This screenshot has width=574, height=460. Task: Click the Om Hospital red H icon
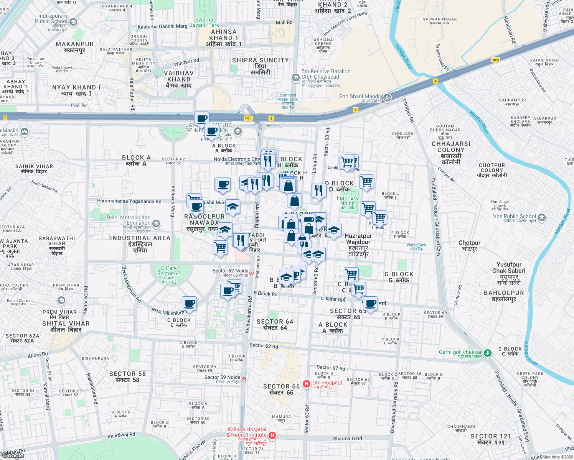pos(306,383)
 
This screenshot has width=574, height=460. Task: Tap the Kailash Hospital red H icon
pos(272,435)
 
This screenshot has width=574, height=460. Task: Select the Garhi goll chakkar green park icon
pos(487,353)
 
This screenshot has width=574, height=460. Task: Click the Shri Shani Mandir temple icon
pos(387,97)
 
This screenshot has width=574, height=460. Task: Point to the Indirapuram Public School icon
pos(73,22)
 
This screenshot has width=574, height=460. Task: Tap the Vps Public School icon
pos(541,218)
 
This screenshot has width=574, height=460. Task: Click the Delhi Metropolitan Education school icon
pos(156,223)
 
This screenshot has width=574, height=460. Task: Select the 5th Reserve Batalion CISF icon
pos(295,78)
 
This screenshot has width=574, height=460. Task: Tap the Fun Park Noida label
pos(347,201)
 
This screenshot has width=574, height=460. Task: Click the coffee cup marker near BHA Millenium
pos(189,304)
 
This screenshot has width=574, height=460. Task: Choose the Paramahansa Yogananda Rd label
pos(129,201)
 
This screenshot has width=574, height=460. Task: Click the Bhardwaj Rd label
pos(121,435)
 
